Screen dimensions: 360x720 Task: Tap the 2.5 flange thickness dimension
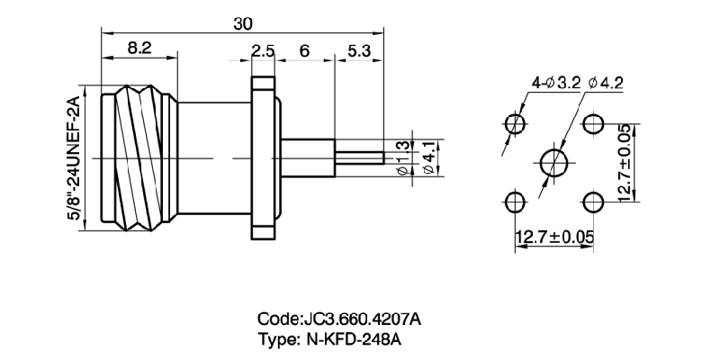click(x=263, y=52)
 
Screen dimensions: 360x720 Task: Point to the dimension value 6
click(x=304, y=52)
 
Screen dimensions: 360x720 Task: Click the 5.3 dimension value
click(x=358, y=52)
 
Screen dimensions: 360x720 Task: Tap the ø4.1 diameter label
click(x=428, y=157)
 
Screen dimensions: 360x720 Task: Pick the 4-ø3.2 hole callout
click(x=554, y=83)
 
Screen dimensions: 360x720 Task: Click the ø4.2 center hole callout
click(x=607, y=83)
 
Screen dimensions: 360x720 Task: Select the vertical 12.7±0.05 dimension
click(x=625, y=162)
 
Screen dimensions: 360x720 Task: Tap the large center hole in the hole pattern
click(x=553, y=162)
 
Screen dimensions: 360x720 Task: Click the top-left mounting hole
click(x=515, y=122)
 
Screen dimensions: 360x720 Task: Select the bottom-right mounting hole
click(x=592, y=200)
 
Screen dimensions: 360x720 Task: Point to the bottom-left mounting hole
click(x=515, y=200)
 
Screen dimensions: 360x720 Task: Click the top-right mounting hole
click(x=592, y=122)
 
